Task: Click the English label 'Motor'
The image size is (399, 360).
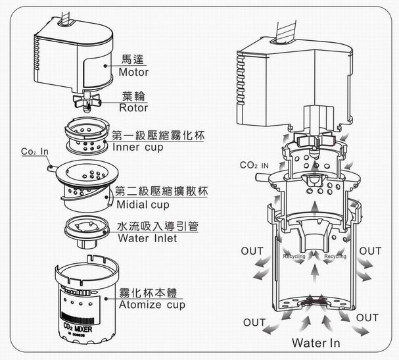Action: pyautogui.click(x=135, y=72)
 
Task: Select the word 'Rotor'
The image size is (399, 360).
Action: pyautogui.click(x=134, y=108)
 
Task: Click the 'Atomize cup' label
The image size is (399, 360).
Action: pyautogui.click(x=152, y=305)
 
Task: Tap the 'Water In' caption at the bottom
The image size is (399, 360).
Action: pyautogui.click(x=316, y=342)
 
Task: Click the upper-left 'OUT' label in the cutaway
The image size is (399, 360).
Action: pyautogui.click(x=252, y=251)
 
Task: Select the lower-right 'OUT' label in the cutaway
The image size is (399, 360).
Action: pyautogui.click(x=367, y=317)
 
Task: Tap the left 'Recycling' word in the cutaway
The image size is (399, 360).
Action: pyautogui.click(x=294, y=256)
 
